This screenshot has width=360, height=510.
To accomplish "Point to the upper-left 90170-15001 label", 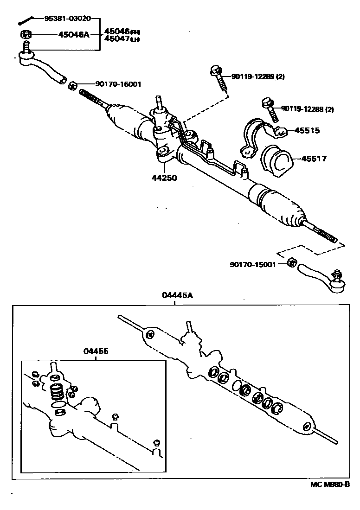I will (118, 84).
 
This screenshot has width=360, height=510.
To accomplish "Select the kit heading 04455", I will (96, 351).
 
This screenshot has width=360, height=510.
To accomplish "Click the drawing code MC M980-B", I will (330, 484).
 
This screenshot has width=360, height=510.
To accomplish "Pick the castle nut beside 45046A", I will (26, 34).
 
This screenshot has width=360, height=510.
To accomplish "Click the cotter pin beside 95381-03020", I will (26, 20).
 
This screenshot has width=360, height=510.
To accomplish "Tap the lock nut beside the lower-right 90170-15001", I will (291, 262).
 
